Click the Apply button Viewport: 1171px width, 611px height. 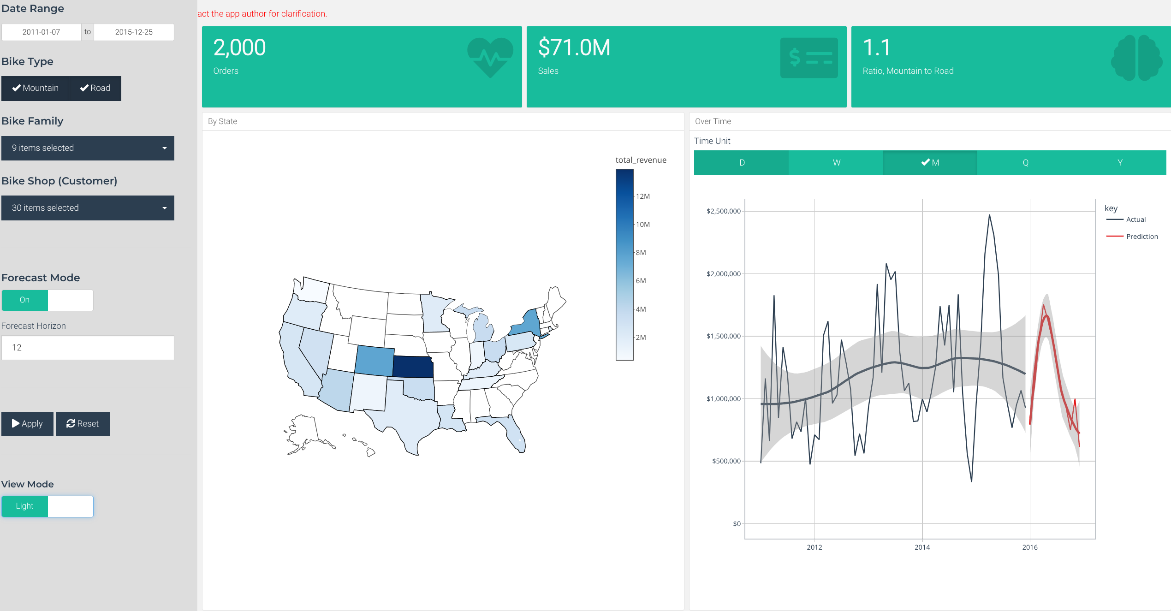27,424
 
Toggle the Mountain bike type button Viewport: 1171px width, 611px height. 36,88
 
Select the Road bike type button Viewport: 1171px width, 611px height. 95,88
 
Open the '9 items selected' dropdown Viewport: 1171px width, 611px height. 88,148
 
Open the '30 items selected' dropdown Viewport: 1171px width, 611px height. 88,208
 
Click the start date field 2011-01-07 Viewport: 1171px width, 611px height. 42,32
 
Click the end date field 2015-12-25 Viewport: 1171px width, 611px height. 134,32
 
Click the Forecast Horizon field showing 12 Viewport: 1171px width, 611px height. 88,348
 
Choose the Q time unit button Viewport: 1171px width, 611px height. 1025,163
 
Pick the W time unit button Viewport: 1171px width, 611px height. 836,163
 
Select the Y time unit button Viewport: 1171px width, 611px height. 1120,163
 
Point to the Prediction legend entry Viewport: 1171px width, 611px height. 1141,237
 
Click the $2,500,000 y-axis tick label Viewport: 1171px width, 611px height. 723,211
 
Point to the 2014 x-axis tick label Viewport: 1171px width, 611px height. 922,547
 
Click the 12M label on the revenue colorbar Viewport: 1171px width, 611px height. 643,196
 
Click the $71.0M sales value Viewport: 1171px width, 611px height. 574,47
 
